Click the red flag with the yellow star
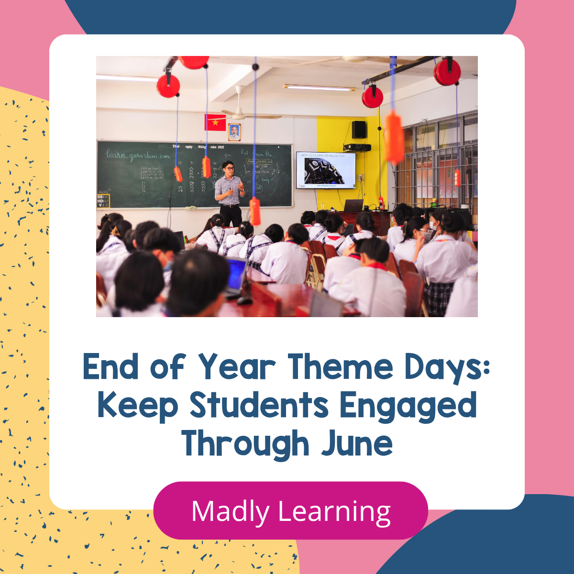tap(215, 122)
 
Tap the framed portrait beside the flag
tap(234, 132)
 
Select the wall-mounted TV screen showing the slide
tap(326, 170)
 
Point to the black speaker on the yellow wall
tap(359, 130)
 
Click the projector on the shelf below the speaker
tap(357, 147)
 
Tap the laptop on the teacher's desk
tap(353, 206)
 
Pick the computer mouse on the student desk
tap(244, 300)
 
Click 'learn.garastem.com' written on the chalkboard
tap(138, 155)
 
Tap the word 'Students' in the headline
tap(259, 406)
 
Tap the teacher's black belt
tap(230, 205)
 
